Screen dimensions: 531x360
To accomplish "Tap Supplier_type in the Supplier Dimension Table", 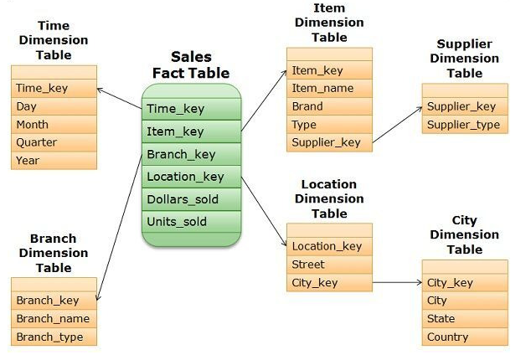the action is pos(464,125).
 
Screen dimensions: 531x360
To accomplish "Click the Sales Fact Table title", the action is pos(191,64).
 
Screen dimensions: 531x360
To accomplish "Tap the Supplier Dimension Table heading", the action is pos(464,59).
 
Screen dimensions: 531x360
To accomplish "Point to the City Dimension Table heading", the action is pos(464,235).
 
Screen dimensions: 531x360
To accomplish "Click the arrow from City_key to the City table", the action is pos(397,283).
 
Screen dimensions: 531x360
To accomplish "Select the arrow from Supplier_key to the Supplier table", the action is pos(397,125).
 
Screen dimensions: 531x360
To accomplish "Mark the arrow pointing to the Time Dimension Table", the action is pos(120,97).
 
